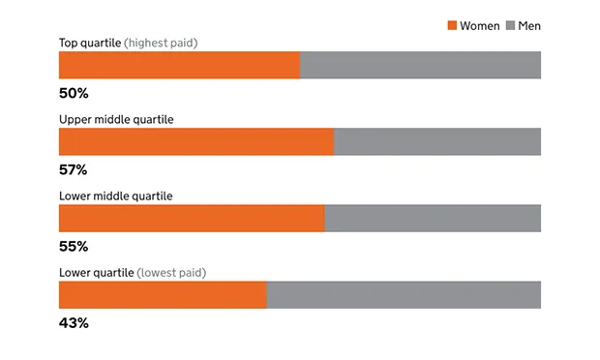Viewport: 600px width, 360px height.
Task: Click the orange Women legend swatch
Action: tap(451, 25)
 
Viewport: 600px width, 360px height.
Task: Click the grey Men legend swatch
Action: tap(510, 25)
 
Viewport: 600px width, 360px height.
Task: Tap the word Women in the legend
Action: tap(480, 25)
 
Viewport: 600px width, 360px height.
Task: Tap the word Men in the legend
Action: tap(529, 25)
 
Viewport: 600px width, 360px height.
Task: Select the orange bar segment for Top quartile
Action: tap(179, 65)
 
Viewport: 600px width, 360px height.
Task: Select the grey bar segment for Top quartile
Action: tap(420, 65)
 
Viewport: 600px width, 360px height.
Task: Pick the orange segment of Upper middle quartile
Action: tap(195, 141)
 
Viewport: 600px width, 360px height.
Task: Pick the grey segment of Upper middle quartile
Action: tap(436, 141)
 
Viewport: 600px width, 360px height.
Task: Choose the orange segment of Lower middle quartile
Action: tap(192, 218)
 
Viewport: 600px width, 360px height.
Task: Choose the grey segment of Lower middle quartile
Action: tap(433, 218)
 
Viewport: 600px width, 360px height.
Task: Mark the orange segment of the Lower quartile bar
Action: tap(163, 294)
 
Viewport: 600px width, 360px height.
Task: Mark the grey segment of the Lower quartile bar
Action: tap(404, 294)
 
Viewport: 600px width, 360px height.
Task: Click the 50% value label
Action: tap(74, 94)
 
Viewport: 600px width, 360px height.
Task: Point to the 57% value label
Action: tap(74, 170)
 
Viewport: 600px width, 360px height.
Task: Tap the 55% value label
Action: tap(74, 247)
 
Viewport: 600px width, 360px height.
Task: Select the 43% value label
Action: tap(74, 323)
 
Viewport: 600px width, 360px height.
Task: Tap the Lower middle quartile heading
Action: tap(116, 195)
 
